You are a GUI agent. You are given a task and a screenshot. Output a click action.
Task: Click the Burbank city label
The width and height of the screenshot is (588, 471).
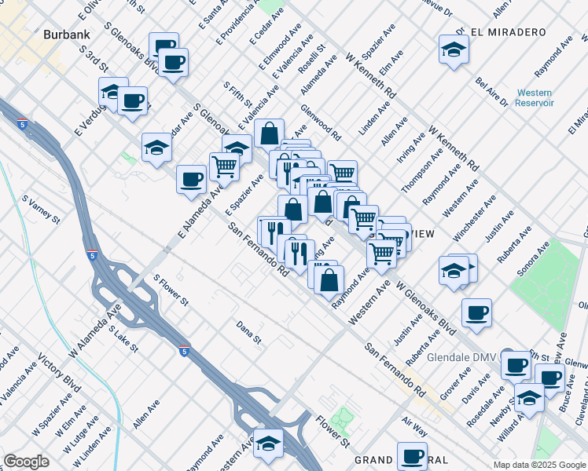67,35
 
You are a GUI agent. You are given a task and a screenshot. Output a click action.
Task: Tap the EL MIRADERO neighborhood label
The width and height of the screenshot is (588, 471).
509,32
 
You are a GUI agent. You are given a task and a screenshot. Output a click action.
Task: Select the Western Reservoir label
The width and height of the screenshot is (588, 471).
535,97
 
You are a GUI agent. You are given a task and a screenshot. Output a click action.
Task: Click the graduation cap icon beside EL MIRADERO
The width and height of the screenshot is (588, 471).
454,49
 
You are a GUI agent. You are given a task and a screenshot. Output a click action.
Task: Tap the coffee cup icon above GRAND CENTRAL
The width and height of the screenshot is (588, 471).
411,456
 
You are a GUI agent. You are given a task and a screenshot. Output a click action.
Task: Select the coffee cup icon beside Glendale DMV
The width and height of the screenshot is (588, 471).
516,365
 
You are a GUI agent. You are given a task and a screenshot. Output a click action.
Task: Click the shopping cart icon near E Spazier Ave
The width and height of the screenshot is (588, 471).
224,166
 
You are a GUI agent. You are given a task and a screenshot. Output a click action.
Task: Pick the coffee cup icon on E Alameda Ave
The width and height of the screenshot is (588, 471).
191,179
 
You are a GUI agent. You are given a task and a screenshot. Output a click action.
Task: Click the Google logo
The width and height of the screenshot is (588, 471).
26,462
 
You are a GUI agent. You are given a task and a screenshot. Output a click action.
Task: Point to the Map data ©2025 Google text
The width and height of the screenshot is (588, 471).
538,465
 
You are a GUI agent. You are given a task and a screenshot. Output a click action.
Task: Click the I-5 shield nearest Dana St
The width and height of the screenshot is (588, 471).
183,351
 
